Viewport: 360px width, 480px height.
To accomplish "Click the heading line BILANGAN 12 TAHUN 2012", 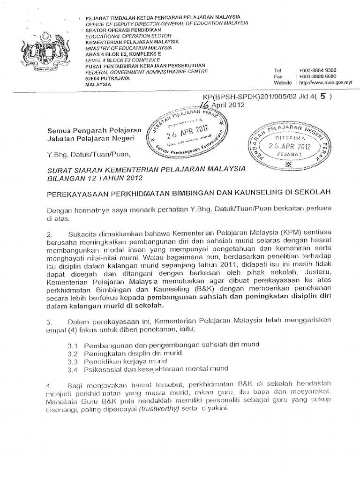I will pyautogui.click(x=93, y=178).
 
